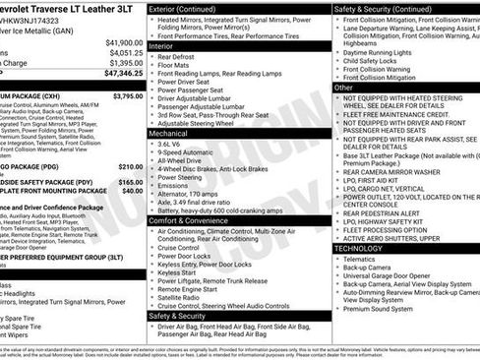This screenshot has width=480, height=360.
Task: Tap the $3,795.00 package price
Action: (x=127, y=96)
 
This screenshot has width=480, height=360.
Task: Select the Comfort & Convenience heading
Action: (x=195, y=220)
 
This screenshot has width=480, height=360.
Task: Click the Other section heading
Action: (x=344, y=88)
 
